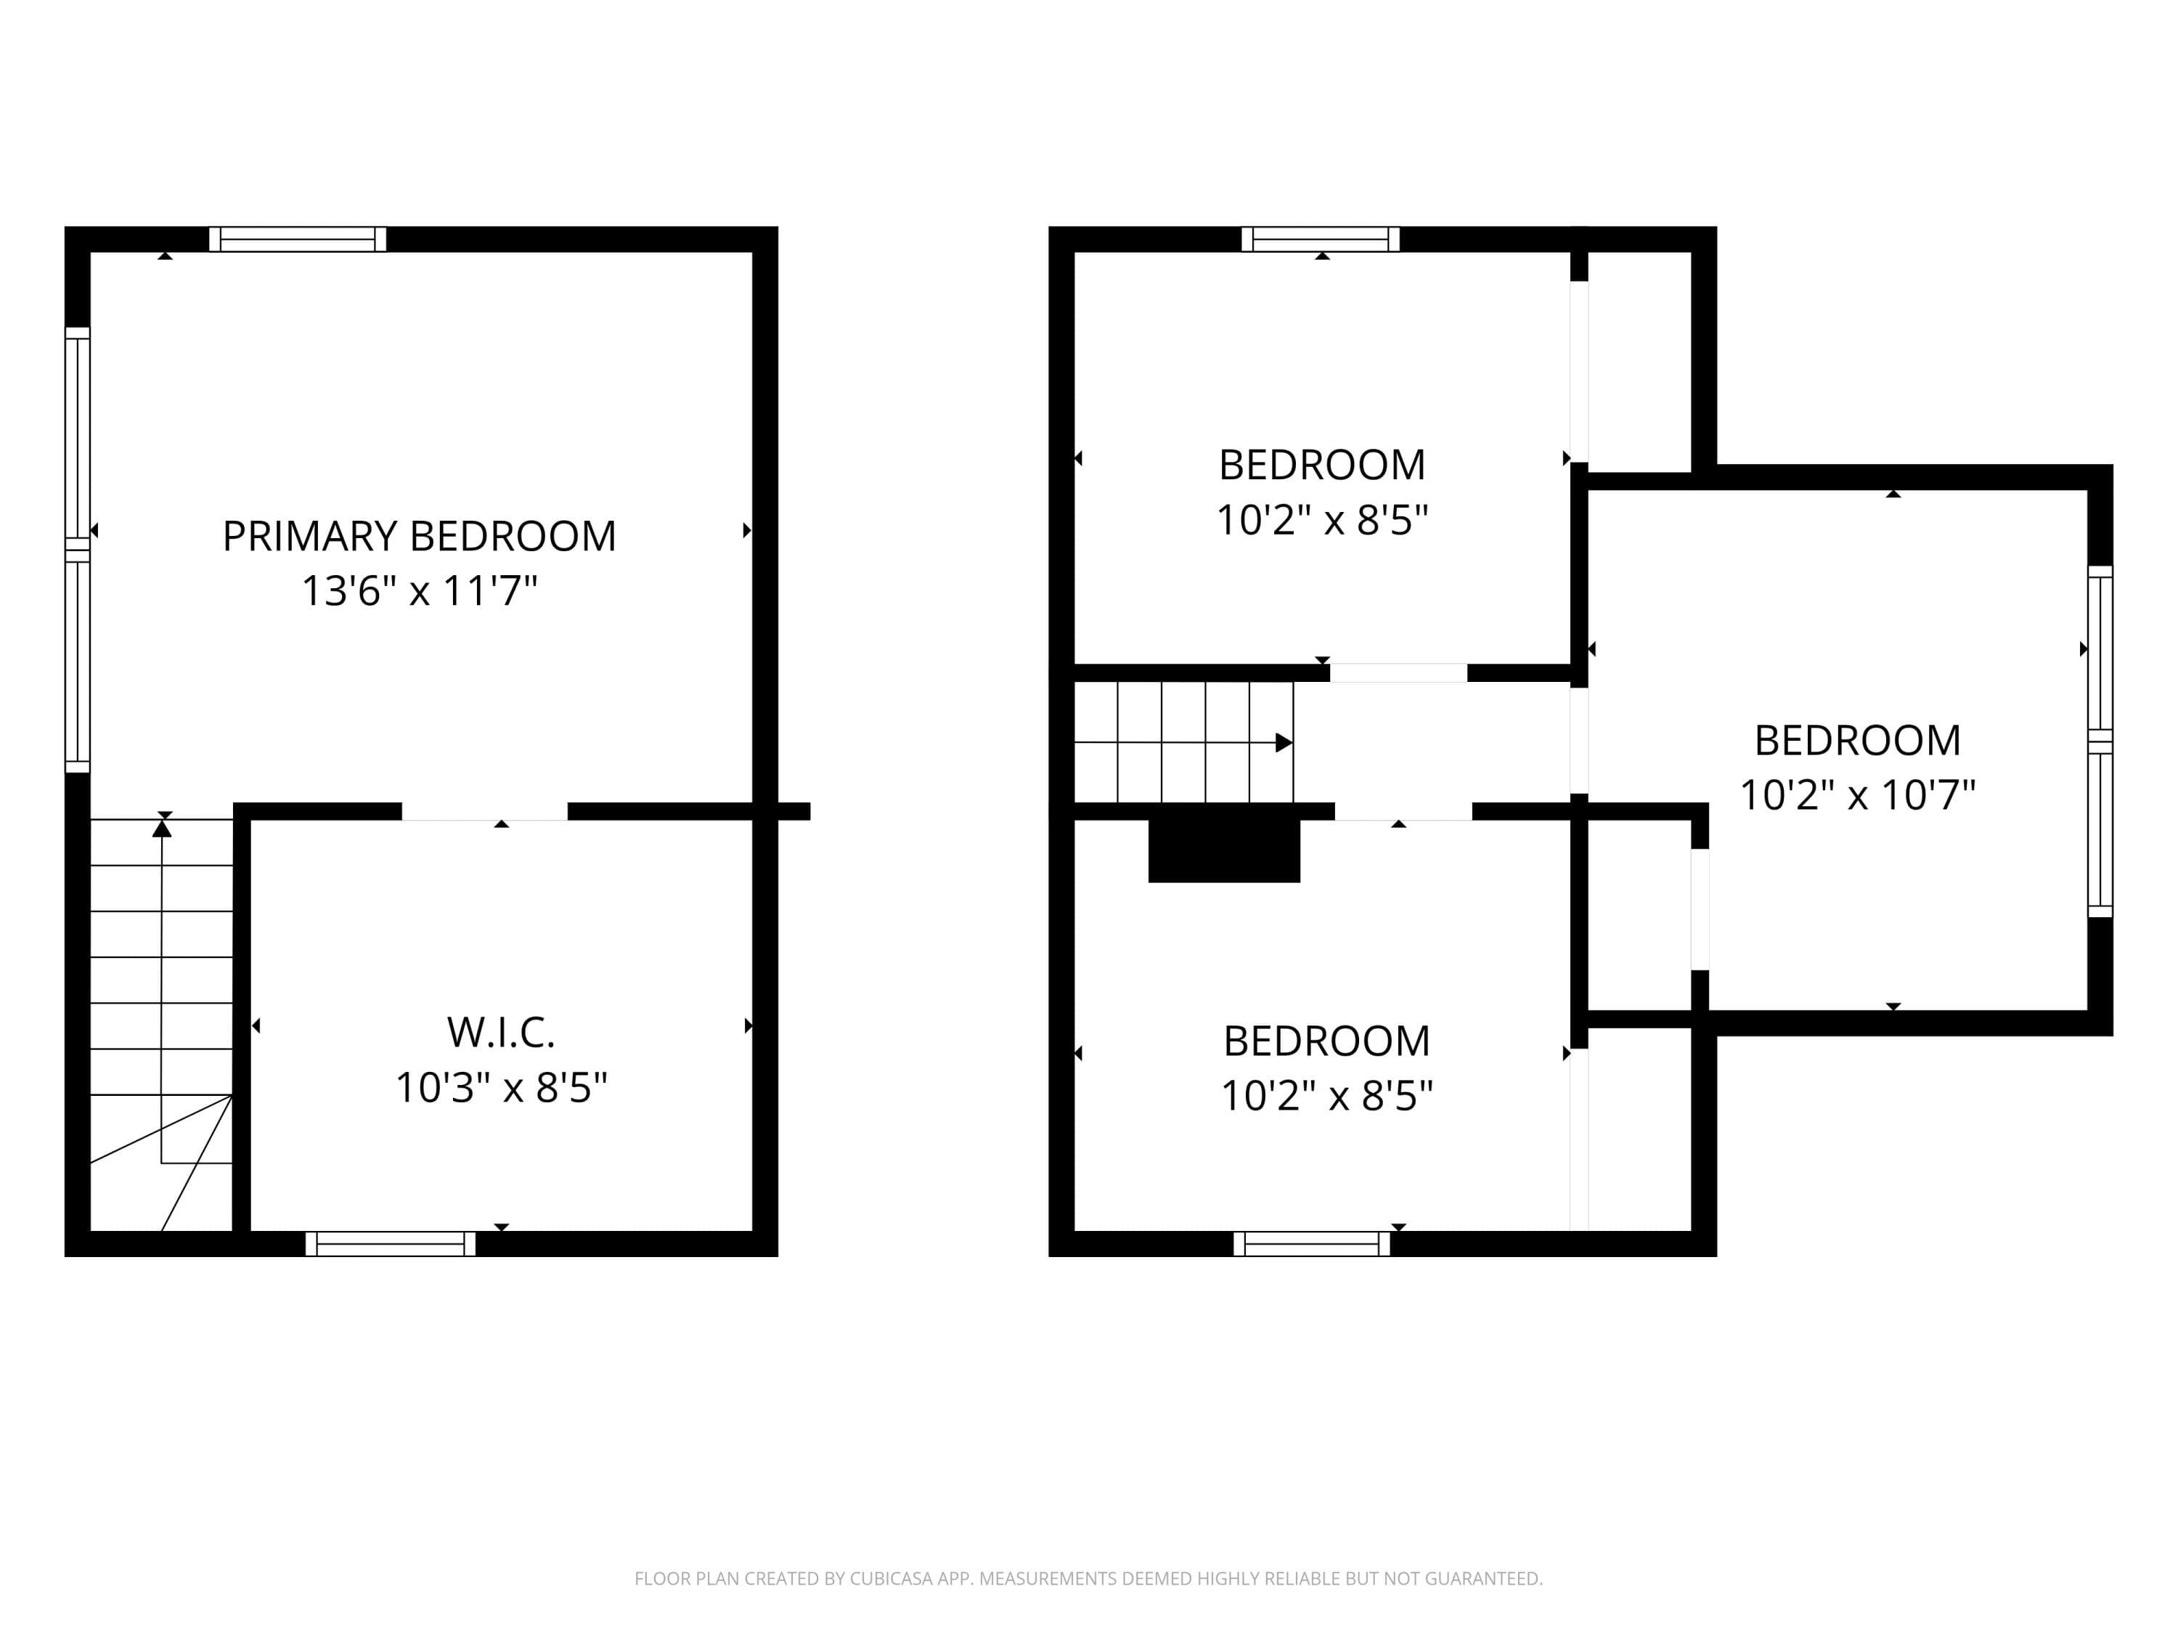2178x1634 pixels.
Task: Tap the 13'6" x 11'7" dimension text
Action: [x=420, y=591]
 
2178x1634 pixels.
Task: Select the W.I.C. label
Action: [x=501, y=1032]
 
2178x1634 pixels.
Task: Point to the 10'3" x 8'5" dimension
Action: [x=501, y=1087]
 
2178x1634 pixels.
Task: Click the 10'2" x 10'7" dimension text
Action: [x=1857, y=794]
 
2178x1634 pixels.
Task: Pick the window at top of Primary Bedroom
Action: [x=298, y=240]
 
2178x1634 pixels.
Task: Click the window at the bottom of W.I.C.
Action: [x=391, y=1244]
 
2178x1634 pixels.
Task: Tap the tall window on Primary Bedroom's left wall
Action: [x=78, y=550]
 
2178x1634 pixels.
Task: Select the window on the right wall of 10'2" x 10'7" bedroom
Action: [x=2100, y=741]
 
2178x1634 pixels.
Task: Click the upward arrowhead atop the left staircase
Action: [x=163, y=829]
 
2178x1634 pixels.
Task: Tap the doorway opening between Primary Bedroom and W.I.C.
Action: [x=484, y=812]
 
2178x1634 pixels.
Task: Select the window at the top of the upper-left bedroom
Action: [x=1321, y=240]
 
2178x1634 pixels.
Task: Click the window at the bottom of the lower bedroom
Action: [x=1312, y=1244]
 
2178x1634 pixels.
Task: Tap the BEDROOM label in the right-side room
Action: [x=1857, y=741]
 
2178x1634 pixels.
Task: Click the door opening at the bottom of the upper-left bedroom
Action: [x=1398, y=674]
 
